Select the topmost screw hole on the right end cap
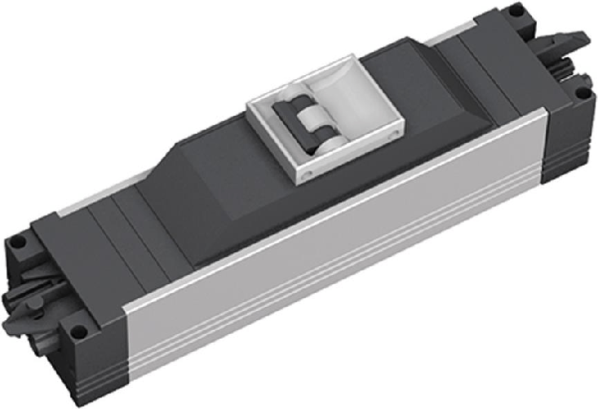[x=516, y=11]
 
